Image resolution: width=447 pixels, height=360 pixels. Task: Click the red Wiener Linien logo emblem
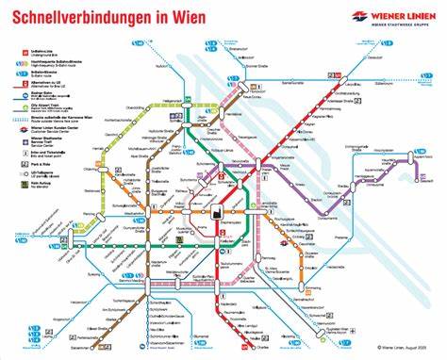point(359,15)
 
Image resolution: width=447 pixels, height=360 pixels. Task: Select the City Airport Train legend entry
point(44,119)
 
